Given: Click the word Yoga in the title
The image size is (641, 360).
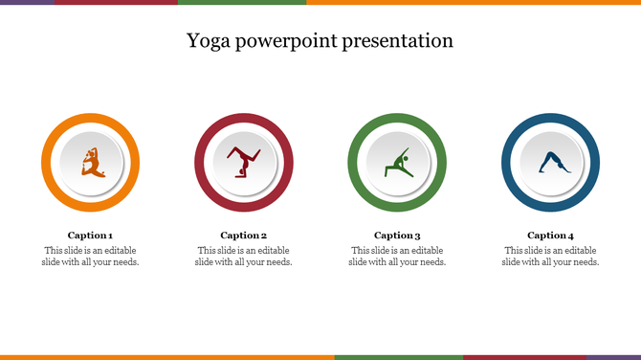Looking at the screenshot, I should pos(208,41).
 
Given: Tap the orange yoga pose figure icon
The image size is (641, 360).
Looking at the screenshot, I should pos(91,162).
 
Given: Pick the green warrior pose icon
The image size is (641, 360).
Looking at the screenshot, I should pos(397,163).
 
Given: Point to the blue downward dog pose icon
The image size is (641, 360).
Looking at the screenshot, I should pos(551,163).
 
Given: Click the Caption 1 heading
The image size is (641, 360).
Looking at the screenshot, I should pos(90,235).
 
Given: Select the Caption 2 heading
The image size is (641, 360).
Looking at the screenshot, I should pos(243,235).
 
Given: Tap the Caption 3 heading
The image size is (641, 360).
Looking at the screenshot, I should pos(397,235).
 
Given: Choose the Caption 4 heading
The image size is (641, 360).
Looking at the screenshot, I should pos(550,235).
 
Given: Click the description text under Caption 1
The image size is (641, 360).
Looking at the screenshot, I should pos(90,257).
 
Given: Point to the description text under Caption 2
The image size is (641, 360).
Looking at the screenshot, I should pos(243,257).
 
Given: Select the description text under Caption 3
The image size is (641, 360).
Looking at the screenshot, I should pos(397,257).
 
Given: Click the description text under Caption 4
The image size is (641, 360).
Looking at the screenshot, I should pos(550,257).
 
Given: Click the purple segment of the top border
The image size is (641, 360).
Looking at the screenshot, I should pos(27,2).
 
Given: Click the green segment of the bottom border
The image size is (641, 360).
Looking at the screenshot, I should pos(398,357).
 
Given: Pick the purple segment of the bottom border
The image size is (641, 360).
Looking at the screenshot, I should pos(612,357).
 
